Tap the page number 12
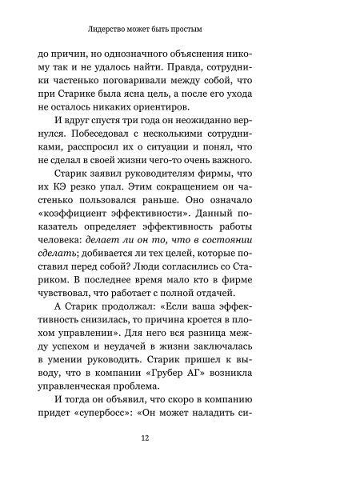(x=181, y=438)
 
